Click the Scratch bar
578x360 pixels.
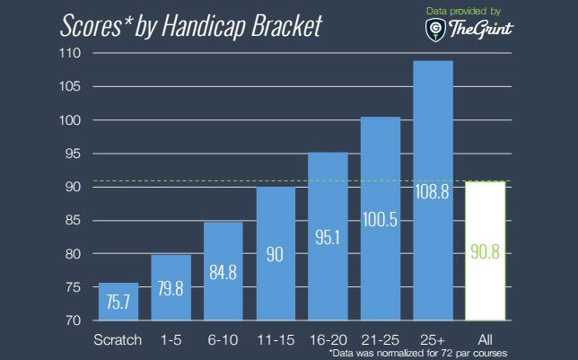(118, 302)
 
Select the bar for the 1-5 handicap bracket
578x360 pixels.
(171, 287)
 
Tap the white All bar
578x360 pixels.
(485, 250)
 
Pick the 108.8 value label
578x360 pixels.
(432, 192)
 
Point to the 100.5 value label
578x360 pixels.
(380, 219)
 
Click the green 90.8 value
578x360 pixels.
(485, 252)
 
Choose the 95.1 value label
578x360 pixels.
(328, 237)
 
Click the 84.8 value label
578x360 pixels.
(223, 272)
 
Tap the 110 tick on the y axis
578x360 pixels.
(70, 53)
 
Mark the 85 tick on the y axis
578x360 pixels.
(73, 221)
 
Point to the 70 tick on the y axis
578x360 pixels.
(73, 320)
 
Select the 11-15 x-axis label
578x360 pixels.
(276, 339)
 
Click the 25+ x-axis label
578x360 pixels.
(433, 339)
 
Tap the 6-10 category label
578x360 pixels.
(223, 339)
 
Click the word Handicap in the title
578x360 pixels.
(203, 27)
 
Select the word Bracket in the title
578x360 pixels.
(287, 26)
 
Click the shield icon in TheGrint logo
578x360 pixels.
(435, 30)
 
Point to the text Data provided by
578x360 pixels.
(463, 12)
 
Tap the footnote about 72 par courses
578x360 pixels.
(418, 353)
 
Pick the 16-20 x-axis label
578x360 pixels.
(328, 339)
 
